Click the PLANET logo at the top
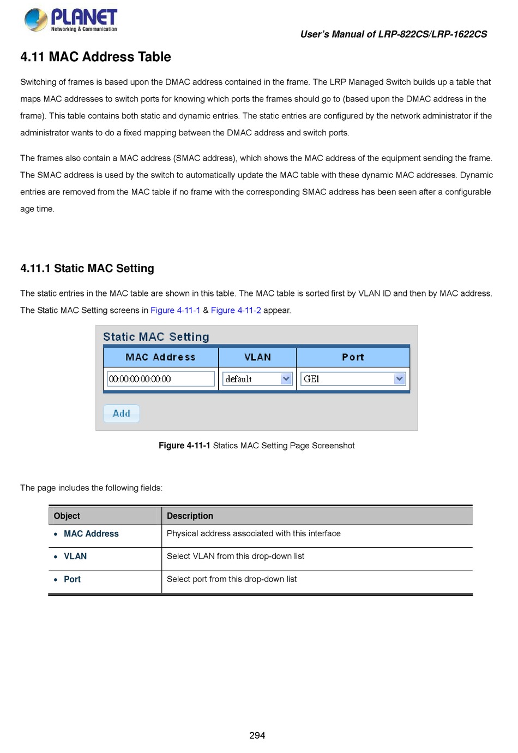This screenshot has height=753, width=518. point(71,20)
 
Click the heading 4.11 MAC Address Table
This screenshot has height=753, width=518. point(95,57)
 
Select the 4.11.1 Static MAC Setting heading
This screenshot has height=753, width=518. point(87,268)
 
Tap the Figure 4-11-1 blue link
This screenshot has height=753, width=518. point(175,310)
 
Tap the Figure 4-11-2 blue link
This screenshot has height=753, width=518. point(236,310)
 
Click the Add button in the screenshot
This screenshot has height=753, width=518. point(121,413)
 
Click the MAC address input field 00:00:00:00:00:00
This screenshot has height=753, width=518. point(160,378)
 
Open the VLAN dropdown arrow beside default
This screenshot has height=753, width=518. point(286,378)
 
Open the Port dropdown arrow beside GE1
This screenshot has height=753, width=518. point(400,378)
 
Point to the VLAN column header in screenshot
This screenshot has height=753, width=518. point(257,357)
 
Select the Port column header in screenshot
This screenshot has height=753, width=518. point(353,357)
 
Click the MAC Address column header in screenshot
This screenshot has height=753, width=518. point(160,357)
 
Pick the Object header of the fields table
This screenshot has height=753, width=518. point(67,516)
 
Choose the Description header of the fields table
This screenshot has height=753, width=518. point(190,516)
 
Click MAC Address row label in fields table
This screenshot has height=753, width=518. point(91,533)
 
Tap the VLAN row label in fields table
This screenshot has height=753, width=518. point(75,556)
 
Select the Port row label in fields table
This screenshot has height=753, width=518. point(72,579)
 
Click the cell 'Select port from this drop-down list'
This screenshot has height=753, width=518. point(232,579)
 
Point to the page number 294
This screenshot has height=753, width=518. point(257,736)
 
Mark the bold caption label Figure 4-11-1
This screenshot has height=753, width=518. point(184,446)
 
